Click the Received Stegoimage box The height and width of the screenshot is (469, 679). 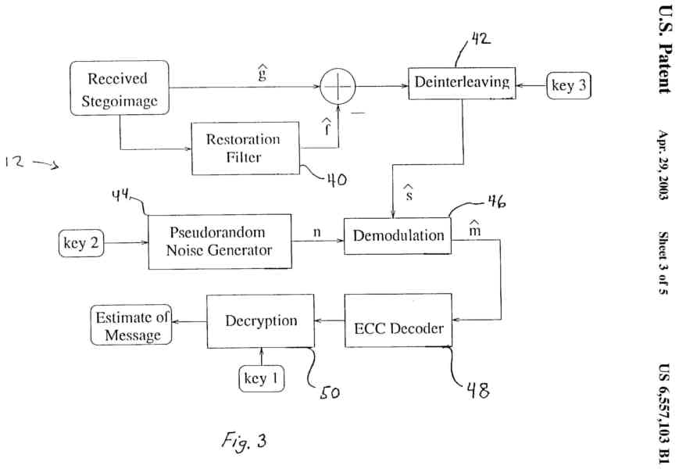[118, 89]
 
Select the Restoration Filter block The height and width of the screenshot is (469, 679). [245, 148]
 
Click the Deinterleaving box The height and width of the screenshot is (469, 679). [463, 83]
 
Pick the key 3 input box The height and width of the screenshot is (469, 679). [569, 86]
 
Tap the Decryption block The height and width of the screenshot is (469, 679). [260, 321]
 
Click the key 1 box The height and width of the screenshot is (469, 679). [261, 379]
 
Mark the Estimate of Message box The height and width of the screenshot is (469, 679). [131, 325]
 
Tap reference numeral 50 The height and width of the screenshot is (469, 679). [328, 392]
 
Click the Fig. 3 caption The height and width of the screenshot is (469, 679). [241, 440]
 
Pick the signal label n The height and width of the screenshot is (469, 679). [316, 232]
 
